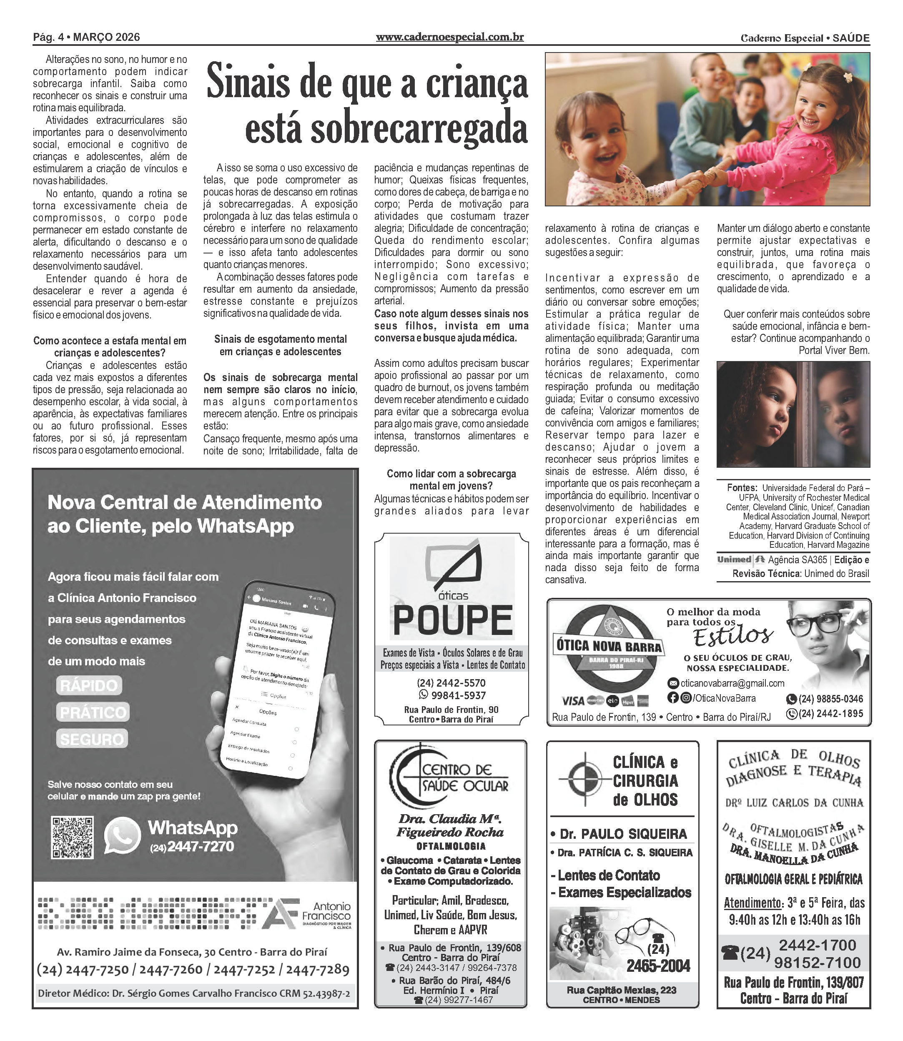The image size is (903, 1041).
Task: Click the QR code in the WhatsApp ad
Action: pyautogui.click(x=73, y=837)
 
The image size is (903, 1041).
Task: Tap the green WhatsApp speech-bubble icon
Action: pyautogui.click(x=122, y=836)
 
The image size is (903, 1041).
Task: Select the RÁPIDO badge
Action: pyautogui.click(x=89, y=685)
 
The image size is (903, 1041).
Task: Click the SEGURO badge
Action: pyautogui.click(x=92, y=739)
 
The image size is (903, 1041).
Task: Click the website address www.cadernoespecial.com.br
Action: pyautogui.click(x=449, y=37)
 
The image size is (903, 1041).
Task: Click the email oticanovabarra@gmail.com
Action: pyautogui.click(x=732, y=683)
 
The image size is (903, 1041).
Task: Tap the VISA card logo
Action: pyautogui.click(x=573, y=701)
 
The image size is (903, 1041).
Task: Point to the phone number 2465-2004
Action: pyautogui.click(x=658, y=966)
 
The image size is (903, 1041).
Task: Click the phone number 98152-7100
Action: pyautogui.click(x=818, y=963)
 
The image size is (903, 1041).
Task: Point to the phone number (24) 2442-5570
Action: pyautogui.click(x=451, y=683)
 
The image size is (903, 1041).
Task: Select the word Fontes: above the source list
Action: pyautogui.click(x=742, y=488)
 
